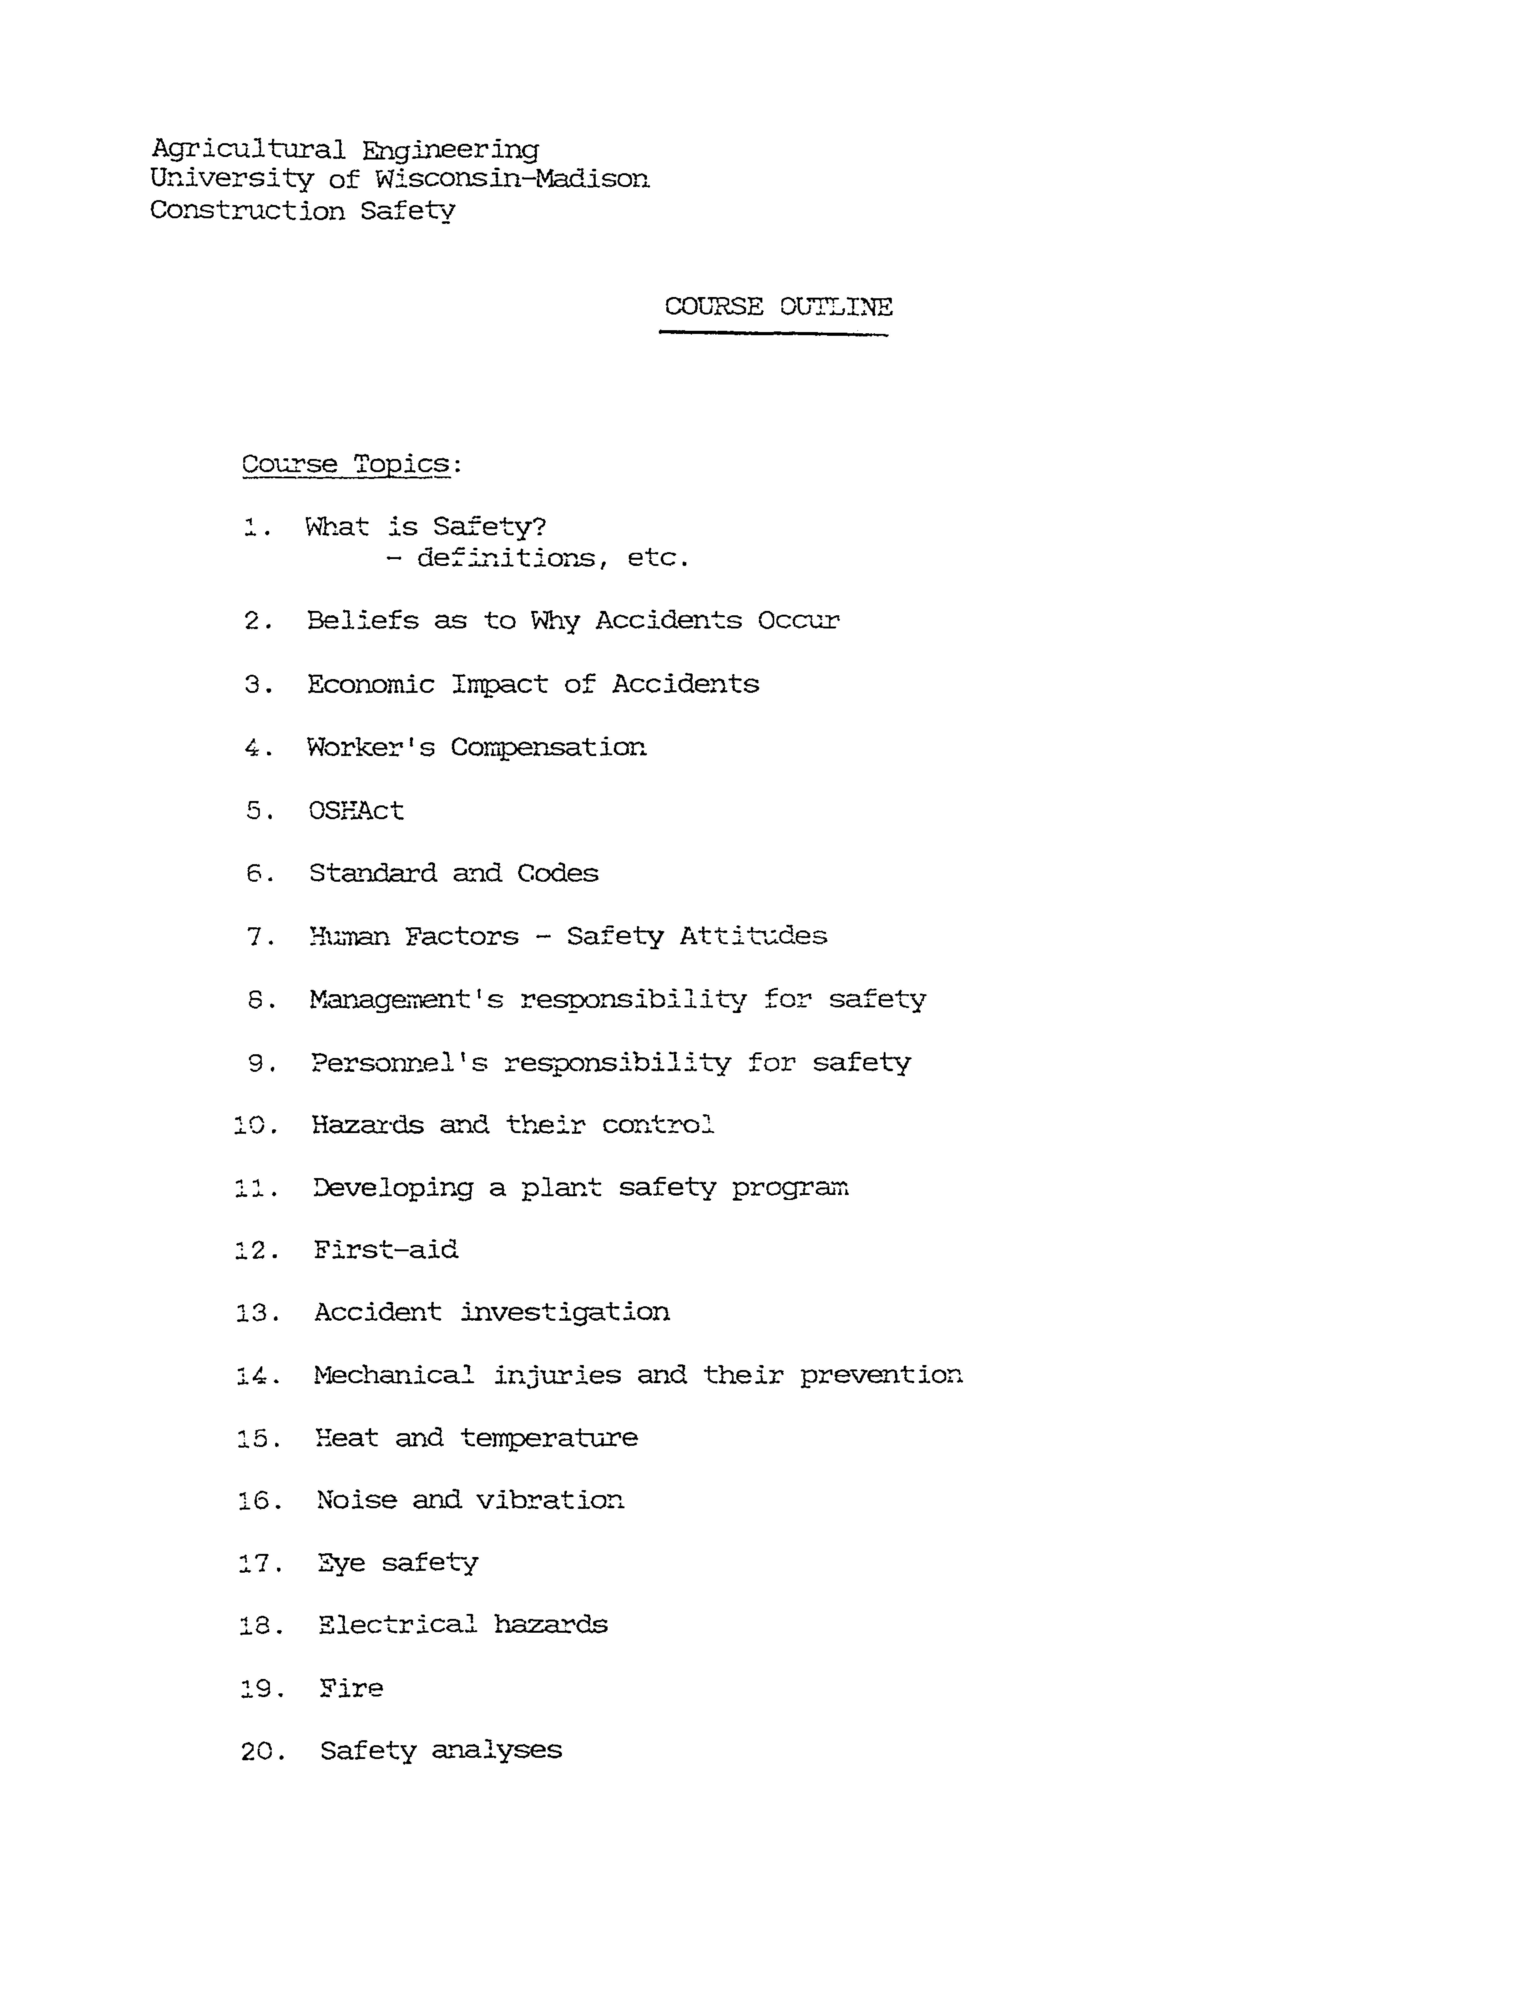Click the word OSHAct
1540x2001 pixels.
(x=356, y=811)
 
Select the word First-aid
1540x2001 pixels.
(x=386, y=1250)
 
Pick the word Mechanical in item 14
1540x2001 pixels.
(x=394, y=1375)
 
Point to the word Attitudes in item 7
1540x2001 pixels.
(x=753, y=936)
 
